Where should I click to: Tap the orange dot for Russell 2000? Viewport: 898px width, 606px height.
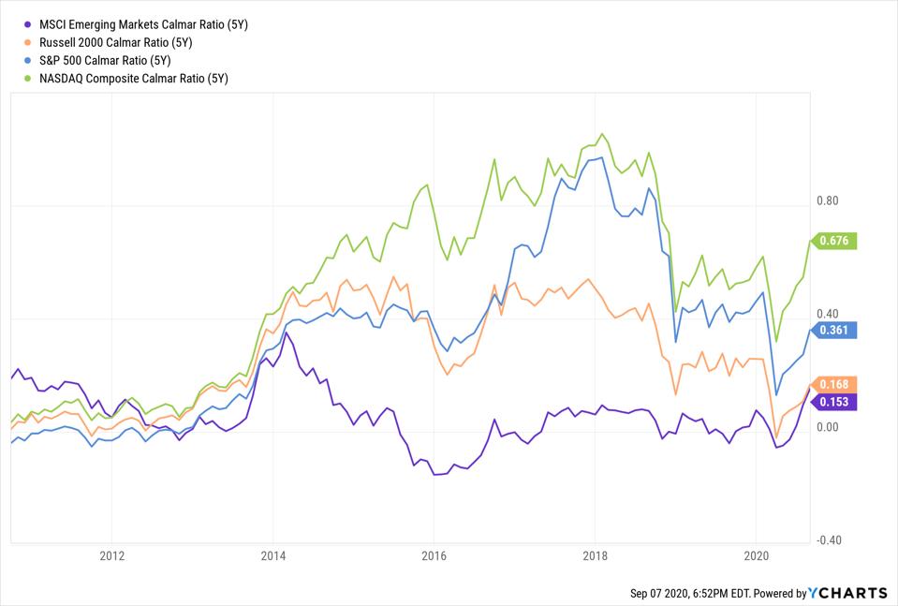[31, 42]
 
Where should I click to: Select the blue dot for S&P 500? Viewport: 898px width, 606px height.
[31, 60]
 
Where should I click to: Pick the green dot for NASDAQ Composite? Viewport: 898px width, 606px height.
[31, 79]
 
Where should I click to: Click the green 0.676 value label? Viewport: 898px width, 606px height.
[833, 241]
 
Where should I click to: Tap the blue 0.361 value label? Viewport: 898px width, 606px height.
[833, 330]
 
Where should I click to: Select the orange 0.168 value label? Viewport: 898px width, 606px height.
[833, 384]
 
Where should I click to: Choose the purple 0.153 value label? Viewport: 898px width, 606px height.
[833, 401]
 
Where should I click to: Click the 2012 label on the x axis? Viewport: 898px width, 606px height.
[111, 554]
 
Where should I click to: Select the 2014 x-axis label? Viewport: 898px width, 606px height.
[272, 554]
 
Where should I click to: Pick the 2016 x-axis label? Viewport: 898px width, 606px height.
[434, 554]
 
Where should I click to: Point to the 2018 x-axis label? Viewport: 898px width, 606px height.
[595, 554]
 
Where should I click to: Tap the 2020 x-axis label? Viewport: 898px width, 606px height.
[756, 554]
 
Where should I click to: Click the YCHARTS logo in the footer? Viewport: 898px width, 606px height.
[848, 593]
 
